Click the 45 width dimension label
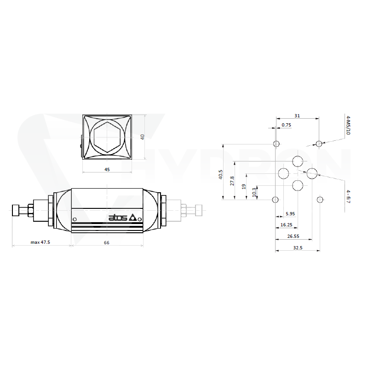pyautogui.click(x=107, y=169)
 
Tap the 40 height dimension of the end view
pyautogui.click(x=142, y=137)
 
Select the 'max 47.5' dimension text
pyautogui.click(x=40, y=242)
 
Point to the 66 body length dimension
pyautogui.click(x=107, y=243)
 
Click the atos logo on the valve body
pyautogui.click(x=122, y=218)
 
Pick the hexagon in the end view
pyautogui.click(x=107, y=137)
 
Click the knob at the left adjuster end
pyautogui.click(x=16, y=211)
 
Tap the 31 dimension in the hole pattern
pyautogui.click(x=297, y=116)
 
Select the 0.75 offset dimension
pyautogui.click(x=286, y=125)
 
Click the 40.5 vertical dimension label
pyautogui.click(x=221, y=175)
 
